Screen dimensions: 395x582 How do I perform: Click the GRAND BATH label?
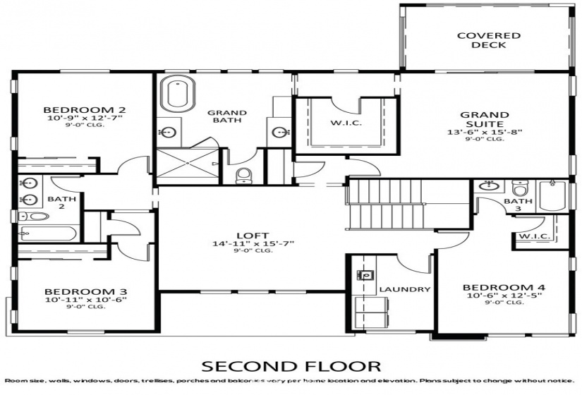point(226,116)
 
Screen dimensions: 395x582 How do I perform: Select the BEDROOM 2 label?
point(85,109)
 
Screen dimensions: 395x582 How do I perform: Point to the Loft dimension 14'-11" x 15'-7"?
point(253,243)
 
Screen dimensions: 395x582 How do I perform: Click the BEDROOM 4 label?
point(504,288)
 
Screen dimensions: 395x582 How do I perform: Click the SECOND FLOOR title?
point(291,366)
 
